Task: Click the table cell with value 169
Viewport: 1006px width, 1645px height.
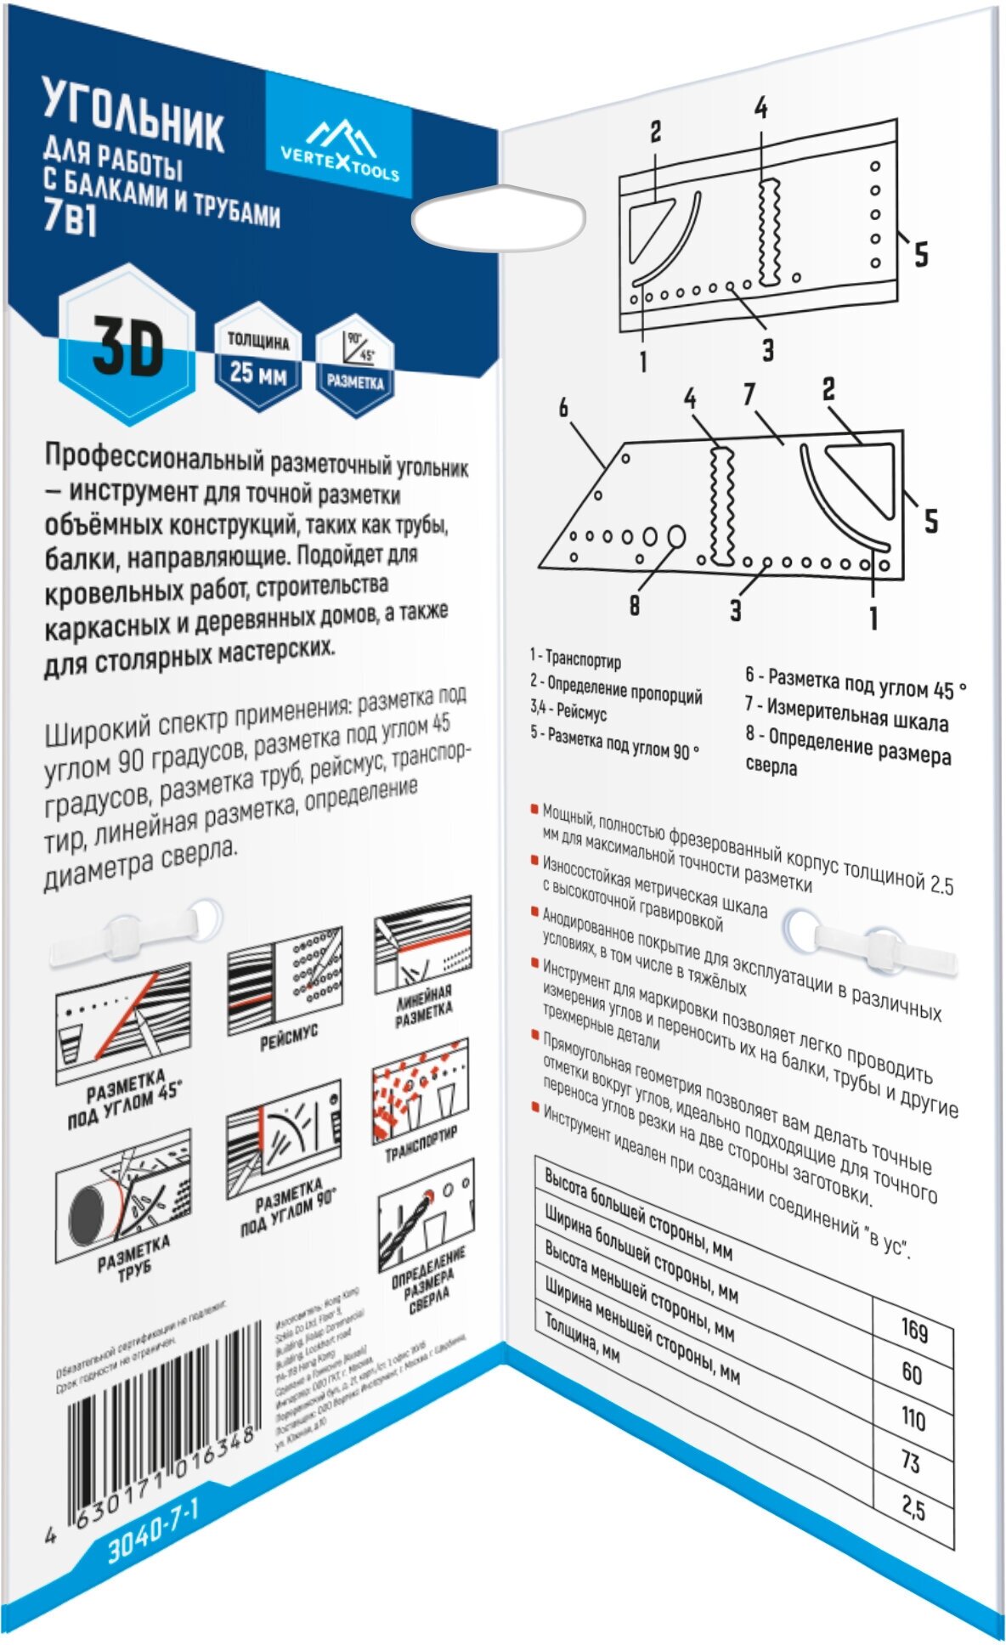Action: (x=914, y=1329)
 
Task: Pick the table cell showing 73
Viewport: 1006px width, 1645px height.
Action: (x=911, y=1461)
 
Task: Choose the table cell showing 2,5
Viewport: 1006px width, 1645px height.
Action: (x=913, y=1508)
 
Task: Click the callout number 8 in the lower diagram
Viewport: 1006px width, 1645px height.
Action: (x=635, y=605)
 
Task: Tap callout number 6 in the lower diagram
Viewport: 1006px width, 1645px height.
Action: (x=563, y=409)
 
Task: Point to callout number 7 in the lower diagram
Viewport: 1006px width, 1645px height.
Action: (x=749, y=394)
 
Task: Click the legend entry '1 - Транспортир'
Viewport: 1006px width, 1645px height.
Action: (x=575, y=659)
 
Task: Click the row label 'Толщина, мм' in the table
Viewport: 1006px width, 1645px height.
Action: (x=582, y=1337)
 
